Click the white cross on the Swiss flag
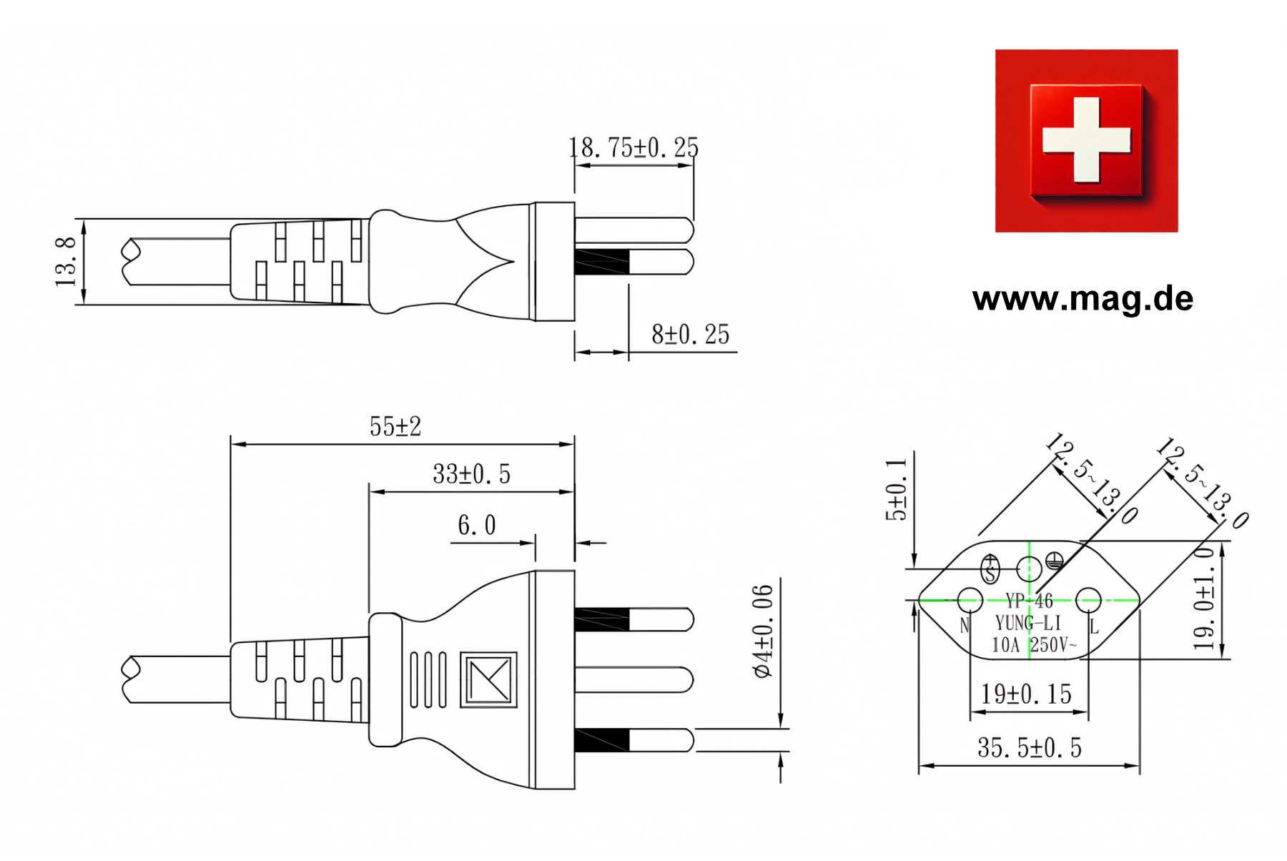[1086, 139]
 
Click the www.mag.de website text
[1083, 298]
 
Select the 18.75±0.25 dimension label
[633, 148]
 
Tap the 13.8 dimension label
[66, 262]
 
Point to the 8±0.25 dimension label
[690, 335]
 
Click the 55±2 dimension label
[395, 427]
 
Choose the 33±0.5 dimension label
[471, 474]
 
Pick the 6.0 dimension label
[476, 526]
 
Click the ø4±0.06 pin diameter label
[764, 631]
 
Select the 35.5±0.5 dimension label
[1029, 748]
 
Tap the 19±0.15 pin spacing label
[1026, 694]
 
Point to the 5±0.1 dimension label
[896, 490]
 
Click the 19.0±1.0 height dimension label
[1204, 598]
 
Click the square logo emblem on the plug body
[488, 679]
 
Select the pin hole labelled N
[970, 599]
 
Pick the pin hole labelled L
[1088, 599]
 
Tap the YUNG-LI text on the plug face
[1028, 624]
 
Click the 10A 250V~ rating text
[1034, 645]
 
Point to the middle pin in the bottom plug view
[633, 679]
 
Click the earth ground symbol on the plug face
[1054, 561]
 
